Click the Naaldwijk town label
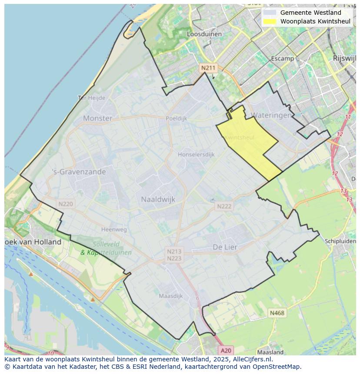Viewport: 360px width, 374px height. click(x=158, y=199)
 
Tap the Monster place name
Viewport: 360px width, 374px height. click(x=97, y=118)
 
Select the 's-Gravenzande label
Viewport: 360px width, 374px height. click(x=79, y=172)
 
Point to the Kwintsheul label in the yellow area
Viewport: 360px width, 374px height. click(x=239, y=137)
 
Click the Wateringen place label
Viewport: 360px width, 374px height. click(x=271, y=116)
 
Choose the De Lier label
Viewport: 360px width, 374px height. click(x=225, y=247)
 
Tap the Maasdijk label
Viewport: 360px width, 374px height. click(x=170, y=296)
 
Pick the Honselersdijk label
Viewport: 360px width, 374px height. click(x=196, y=154)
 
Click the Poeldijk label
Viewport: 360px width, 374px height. click(x=176, y=118)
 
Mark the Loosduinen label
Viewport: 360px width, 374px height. click(x=204, y=34)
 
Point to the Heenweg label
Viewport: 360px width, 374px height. click(x=113, y=229)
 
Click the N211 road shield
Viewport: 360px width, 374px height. click(x=208, y=68)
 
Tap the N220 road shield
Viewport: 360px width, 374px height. click(x=66, y=203)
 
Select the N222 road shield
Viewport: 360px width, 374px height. click(x=224, y=206)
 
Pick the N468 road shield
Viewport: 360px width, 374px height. click(x=277, y=313)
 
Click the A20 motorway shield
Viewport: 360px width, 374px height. click(x=226, y=350)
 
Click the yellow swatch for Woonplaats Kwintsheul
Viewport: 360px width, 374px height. click(x=270, y=21)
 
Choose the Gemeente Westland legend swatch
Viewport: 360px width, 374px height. click(x=270, y=13)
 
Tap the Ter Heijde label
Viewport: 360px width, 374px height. click(x=92, y=98)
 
